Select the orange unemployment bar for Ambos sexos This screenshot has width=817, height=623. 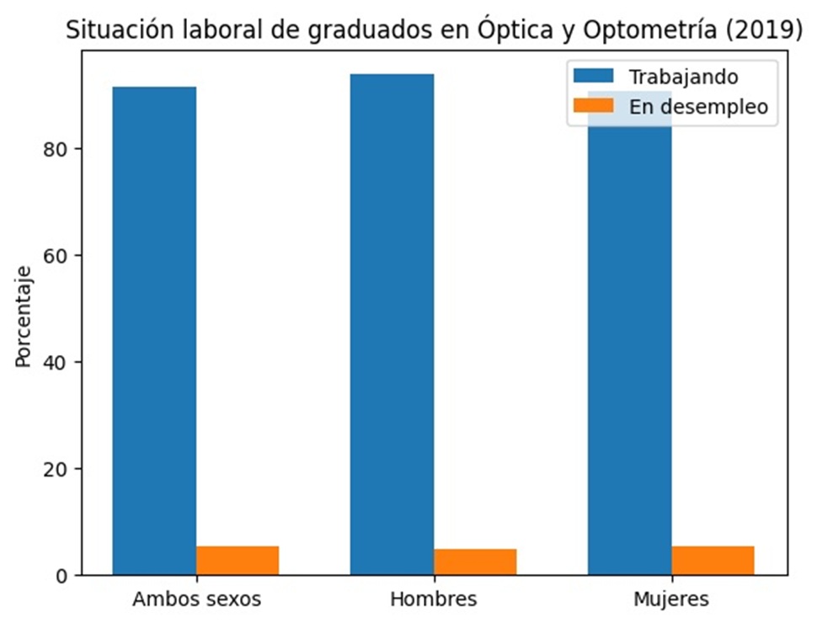238,561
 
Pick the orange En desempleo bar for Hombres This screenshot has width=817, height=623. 475,562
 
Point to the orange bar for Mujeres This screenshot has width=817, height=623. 713,561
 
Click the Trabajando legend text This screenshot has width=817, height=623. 683,77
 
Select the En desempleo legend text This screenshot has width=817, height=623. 698,107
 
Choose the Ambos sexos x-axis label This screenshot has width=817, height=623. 196,600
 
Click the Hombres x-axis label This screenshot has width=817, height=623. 434,600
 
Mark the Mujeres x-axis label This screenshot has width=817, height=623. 671,600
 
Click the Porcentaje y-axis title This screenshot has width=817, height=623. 24,317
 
